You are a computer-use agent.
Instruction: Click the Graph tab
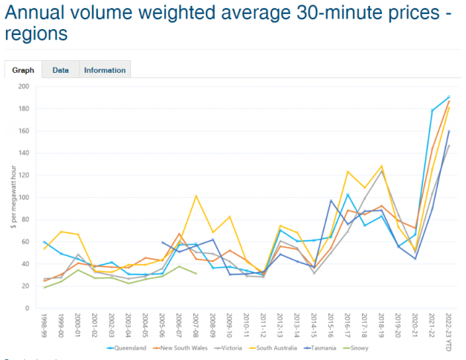click(x=23, y=70)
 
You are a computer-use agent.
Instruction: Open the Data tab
click(x=61, y=70)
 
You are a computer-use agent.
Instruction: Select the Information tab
click(x=105, y=70)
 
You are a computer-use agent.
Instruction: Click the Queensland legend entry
click(x=125, y=347)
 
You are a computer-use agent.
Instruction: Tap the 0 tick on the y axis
click(x=27, y=308)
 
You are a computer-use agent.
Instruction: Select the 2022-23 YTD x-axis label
click(x=449, y=330)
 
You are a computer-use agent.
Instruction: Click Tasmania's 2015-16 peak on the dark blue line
click(x=331, y=200)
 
